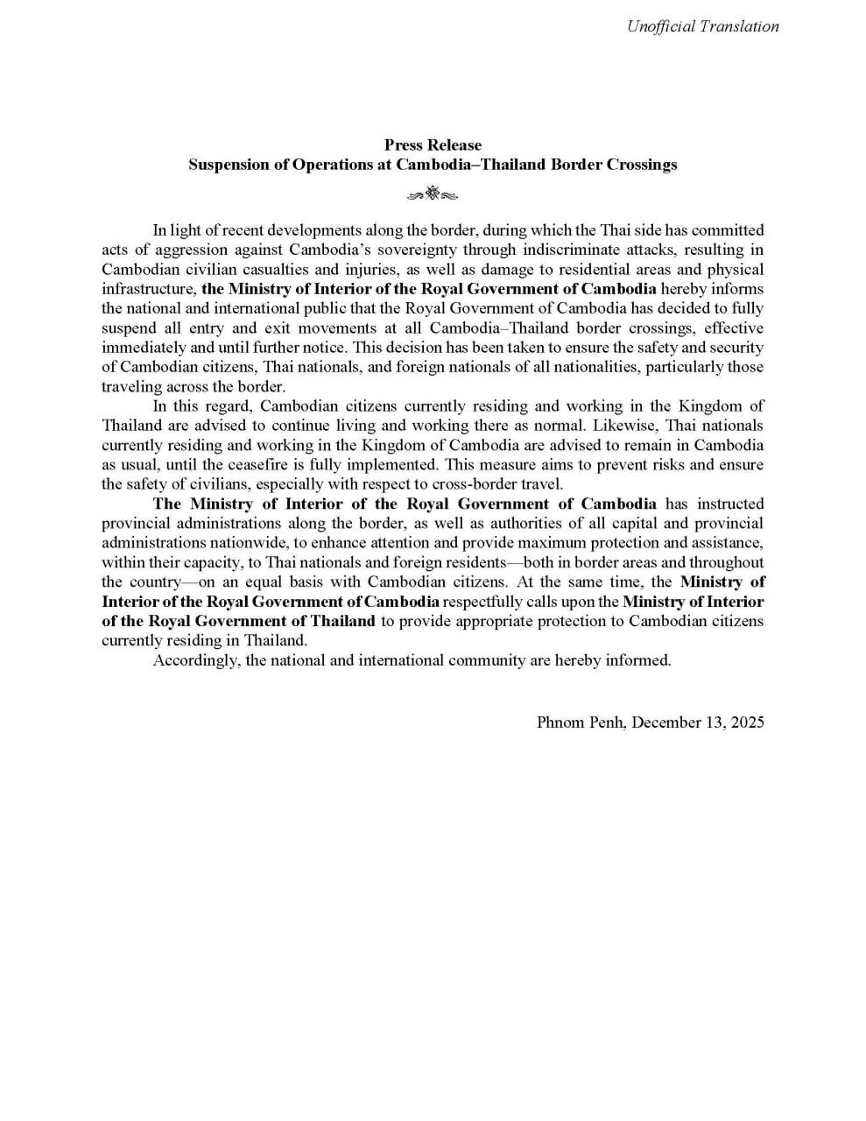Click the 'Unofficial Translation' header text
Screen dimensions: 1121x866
702,26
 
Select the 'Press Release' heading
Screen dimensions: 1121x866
433,145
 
